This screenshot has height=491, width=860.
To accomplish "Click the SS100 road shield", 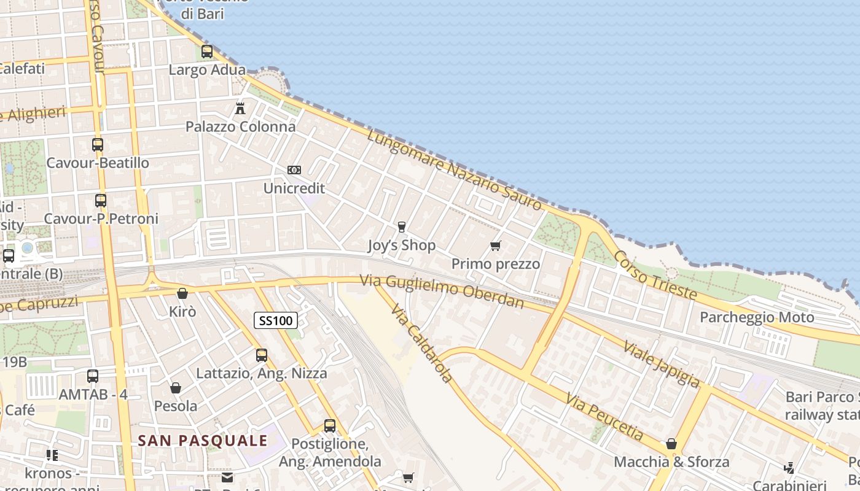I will pos(276,320).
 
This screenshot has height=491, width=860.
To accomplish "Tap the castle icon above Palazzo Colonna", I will pos(240,109).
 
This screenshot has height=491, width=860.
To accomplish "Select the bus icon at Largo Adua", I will pos(207,52).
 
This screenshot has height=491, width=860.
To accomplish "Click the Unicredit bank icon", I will pos(294,170).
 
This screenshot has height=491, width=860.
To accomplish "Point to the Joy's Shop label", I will pos(401,245).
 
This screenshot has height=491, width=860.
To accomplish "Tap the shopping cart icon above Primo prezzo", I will pos(496,246).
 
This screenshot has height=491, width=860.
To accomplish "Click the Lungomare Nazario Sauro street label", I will pos(455,169).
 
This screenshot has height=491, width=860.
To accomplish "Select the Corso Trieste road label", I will pos(655,276).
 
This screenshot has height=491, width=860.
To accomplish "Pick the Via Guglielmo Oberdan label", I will pos(442,291).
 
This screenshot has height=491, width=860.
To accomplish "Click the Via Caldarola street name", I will pos(423,343).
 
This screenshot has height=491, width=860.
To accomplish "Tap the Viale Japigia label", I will pos(661,363).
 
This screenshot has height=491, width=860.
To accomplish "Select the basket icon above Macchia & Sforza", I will pos(671,443).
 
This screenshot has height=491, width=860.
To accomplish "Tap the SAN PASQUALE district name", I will pos(203,441).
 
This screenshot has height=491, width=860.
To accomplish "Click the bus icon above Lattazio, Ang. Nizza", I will pos(262,355).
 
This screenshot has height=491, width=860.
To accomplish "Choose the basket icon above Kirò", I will pos(182,293).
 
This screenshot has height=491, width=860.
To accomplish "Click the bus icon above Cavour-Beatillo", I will pos(98,145).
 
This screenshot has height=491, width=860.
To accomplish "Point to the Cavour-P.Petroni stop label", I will pos(101,219).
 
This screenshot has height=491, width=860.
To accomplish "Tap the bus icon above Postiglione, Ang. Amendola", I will pos(330,425).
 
